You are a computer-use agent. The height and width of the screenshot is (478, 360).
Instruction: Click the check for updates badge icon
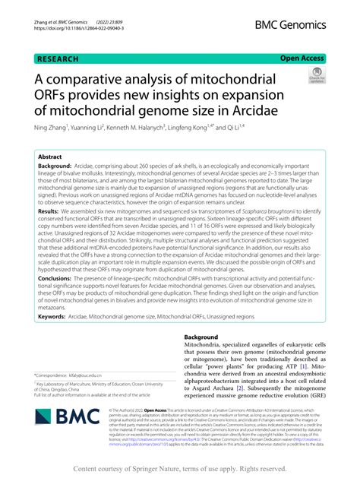[x=316, y=74]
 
